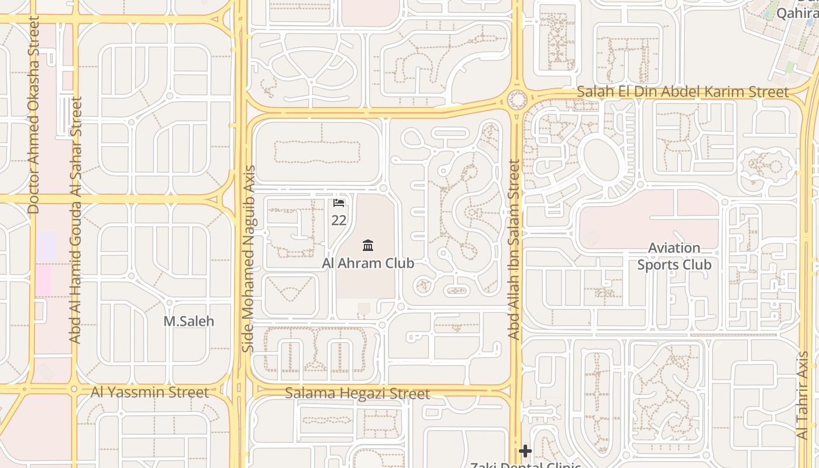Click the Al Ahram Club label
pyautogui.click(x=368, y=263)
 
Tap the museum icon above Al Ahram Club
pyautogui.click(x=368, y=245)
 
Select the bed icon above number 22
pyautogui.click(x=339, y=203)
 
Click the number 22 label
pyautogui.click(x=339, y=221)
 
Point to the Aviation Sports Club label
pyautogui.click(x=674, y=257)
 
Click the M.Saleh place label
pyautogui.click(x=188, y=321)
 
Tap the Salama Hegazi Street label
pyautogui.click(x=357, y=393)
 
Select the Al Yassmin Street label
pyautogui.click(x=149, y=392)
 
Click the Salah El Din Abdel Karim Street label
pyautogui.click(x=683, y=92)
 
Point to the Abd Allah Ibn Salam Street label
pyautogui.click(x=514, y=250)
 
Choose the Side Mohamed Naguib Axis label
pyautogui.click(x=249, y=259)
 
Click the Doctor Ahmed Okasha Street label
pyautogui.click(x=33, y=115)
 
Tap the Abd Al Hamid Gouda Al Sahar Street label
pyautogui.click(x=75, y=220)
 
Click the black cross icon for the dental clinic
pyautogui.click(x=525, y=451)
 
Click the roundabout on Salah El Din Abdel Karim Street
pyautogui.click(x=517, y=99)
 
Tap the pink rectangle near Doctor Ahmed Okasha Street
pyautogui.click(x=42, y=281)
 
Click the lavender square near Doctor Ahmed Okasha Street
pyautogui.click(x=47, y=247)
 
